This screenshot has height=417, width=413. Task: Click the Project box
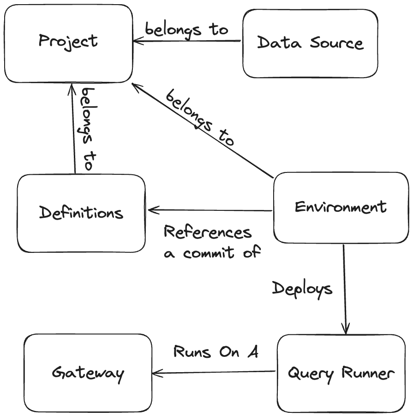tap(68, 43)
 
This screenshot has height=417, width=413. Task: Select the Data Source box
tap(310, 43)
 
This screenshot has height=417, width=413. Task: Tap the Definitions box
tap(81, 213)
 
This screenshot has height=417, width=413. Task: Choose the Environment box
tap(341, 207)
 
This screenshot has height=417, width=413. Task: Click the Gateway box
tap(88, 373)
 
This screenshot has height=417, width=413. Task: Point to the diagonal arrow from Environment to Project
tap(203, 131)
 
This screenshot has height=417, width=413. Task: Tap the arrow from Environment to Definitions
tap(210, 210)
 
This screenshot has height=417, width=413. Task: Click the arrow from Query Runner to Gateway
tap(215, 371)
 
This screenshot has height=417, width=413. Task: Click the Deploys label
tap(302, 289)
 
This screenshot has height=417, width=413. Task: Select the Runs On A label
tap(215, 352)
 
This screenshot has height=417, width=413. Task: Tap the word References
tap(208, 232)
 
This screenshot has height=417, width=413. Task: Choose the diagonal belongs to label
tap(200, 118)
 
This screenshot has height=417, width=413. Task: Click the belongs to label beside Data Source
tap(186, 29)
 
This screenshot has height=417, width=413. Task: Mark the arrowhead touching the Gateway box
tap(156, 371)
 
